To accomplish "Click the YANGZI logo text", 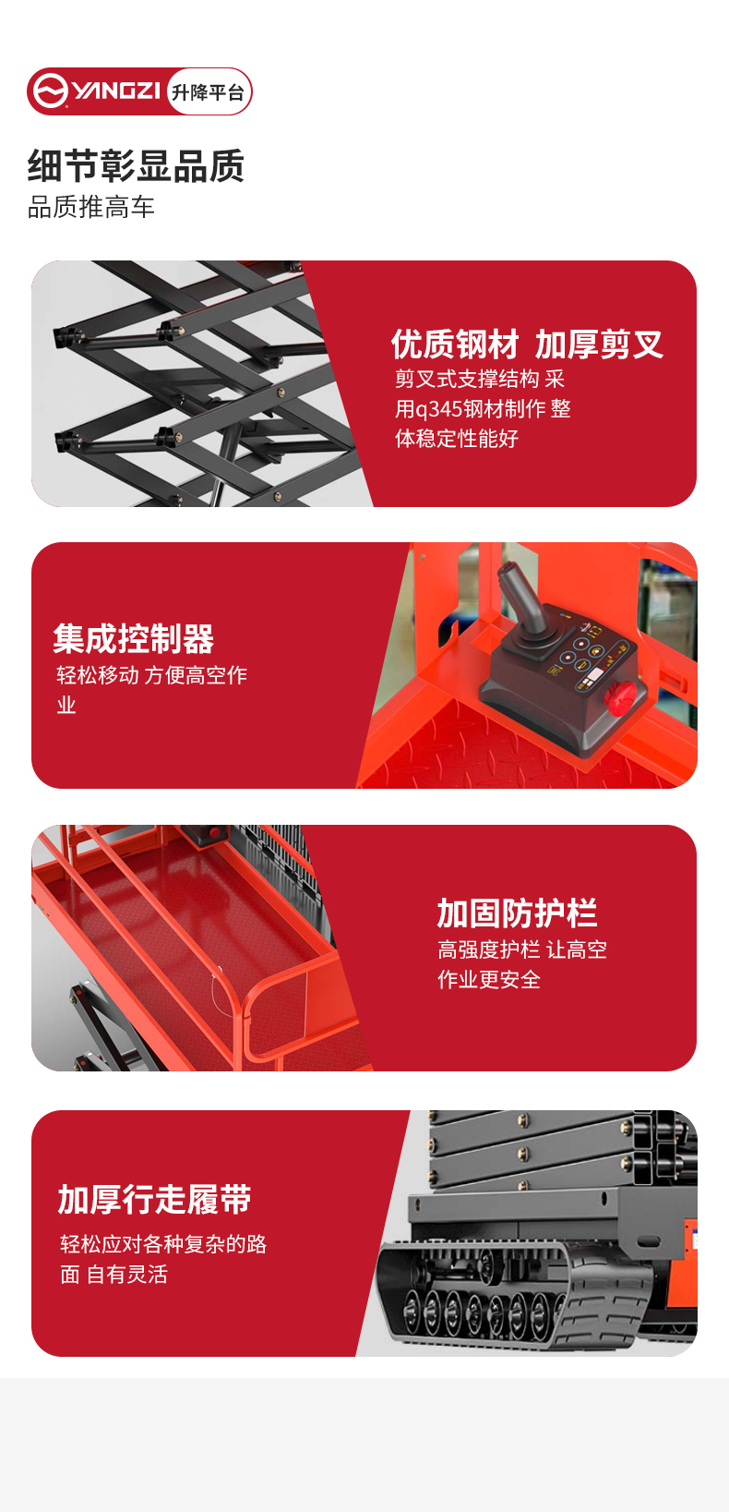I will click(x=116, y=91).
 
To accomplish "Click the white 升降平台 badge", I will click(x=209, y=92).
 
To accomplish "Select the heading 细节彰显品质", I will click(x=137, y=166).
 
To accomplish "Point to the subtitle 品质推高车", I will click(x=91, y=207).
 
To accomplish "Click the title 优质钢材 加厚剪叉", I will click(x=527, y=345).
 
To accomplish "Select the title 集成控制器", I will click(x=134, y=638).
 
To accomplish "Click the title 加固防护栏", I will click(x=517, y=913).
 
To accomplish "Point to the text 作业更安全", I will click(x=489, y=980).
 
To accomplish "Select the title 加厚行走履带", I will click(x=155, y=1200).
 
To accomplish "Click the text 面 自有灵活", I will click(x=114, y=1275).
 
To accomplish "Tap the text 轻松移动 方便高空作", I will click(x=152, y=675).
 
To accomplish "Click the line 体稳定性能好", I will click(x=457, y=439).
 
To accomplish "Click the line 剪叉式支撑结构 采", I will click(x=480, y=379).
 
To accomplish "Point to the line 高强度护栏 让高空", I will click(x=522, y=950).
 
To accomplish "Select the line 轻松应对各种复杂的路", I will click(x=163, y=1244).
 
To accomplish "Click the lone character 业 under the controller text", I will click(x=66, y=706).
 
